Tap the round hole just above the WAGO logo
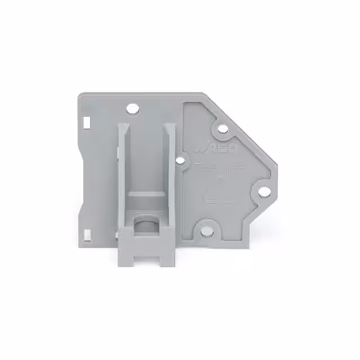pos(223,129)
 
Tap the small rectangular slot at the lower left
pos(87,232)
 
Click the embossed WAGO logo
pos(217,150)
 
